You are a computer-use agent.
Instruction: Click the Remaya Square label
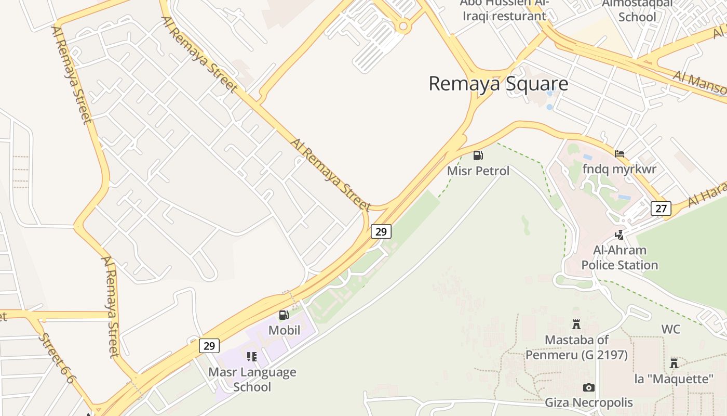[498, 84]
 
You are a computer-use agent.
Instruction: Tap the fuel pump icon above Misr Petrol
[478, 155]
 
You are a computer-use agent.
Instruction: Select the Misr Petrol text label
[478, 171]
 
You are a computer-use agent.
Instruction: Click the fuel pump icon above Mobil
[284, 315]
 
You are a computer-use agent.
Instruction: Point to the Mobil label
[284, 330]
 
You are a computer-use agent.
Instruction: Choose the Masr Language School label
[252, 380]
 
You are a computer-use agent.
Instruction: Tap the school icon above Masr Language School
[252, 356]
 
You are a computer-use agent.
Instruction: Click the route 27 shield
[661, 209]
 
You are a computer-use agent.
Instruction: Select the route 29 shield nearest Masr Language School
[209, 346]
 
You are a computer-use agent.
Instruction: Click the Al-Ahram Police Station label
[620, 257]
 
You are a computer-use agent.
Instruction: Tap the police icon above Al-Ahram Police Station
[619, 235]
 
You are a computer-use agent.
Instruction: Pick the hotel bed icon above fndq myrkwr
[619, 154]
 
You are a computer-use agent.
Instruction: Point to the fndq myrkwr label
[619, 169]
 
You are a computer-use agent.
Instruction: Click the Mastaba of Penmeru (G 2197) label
[576, 347]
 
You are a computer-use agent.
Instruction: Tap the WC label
[670, 329]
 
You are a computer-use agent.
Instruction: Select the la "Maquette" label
[674, 379]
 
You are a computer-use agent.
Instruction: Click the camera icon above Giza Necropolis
[588, 387]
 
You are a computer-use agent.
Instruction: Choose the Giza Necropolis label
[588, 402]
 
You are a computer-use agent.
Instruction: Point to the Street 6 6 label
[56, 358]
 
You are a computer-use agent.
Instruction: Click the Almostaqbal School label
[637, 10]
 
